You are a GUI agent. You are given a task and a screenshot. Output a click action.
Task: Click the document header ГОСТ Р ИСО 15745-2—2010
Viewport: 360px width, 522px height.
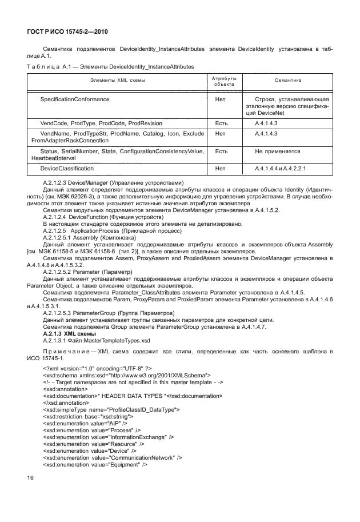click(x=69, y=35)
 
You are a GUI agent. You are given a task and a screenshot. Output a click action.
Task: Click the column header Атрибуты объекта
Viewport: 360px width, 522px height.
click(x=224, y=81)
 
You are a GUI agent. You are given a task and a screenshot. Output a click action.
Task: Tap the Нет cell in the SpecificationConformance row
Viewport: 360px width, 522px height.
click(x=220, y=99)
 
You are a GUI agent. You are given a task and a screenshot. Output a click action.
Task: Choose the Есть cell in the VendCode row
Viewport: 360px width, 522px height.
click(x=221, y=123)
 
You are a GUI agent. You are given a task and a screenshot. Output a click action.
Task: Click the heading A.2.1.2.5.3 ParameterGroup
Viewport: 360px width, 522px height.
click(x=109, y=313)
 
